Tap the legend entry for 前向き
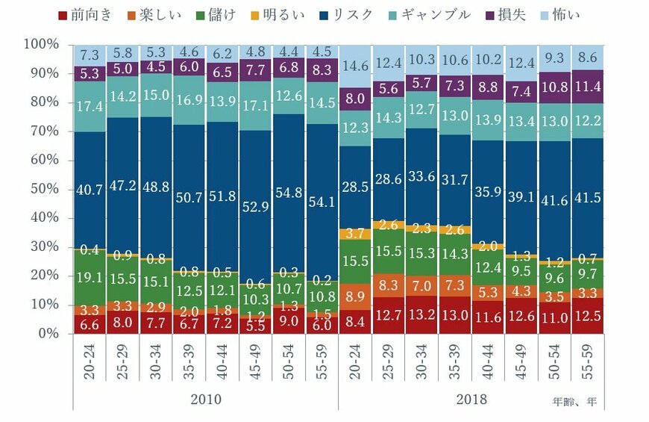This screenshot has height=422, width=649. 84,14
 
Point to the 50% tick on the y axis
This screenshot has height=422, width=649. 42,189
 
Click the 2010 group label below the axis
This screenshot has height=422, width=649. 206,400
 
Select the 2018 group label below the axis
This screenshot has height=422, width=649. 471,400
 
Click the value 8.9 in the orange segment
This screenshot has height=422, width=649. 354,296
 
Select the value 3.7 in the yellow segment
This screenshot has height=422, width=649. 354,234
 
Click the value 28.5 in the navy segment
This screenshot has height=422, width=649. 354,184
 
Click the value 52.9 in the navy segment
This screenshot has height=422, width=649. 254,207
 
